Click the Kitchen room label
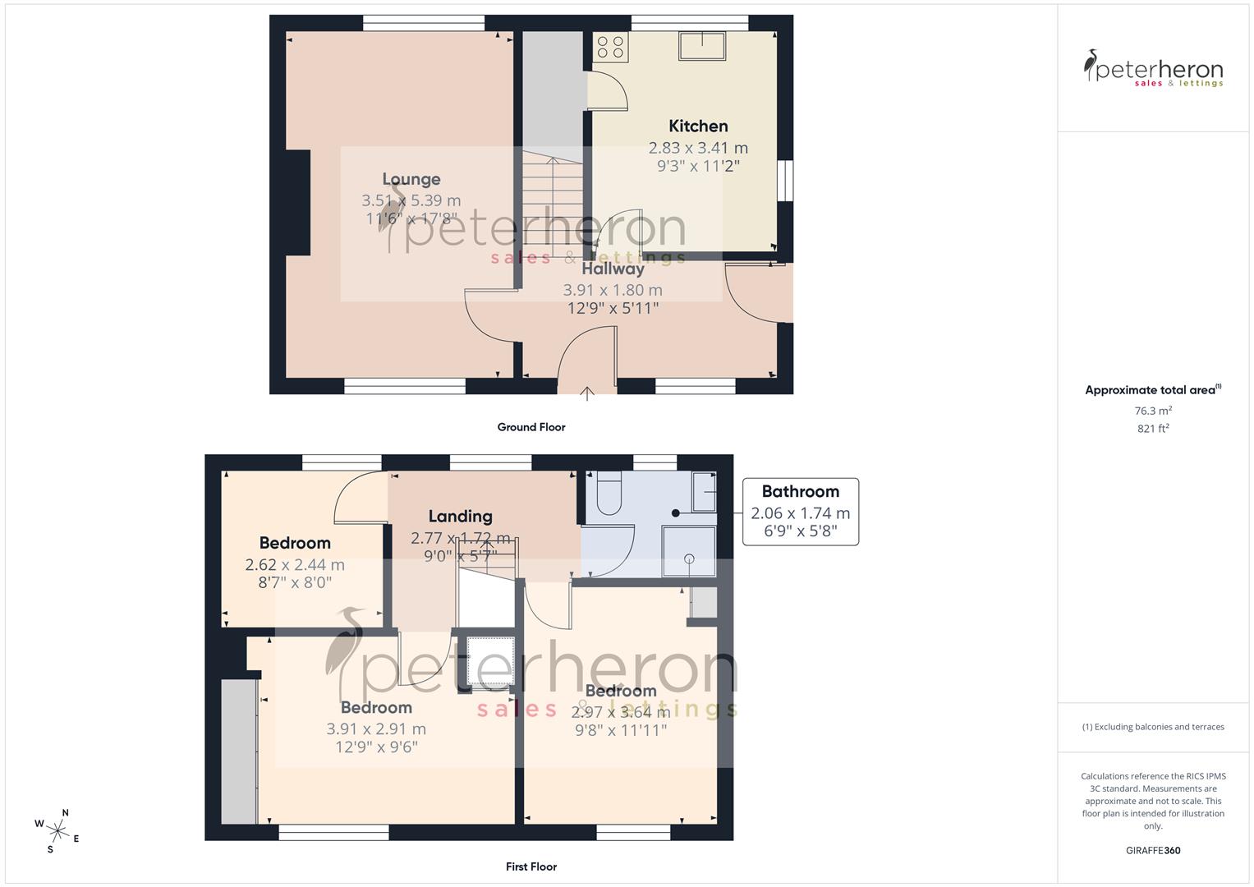pyautogui.click(x=698, y=126)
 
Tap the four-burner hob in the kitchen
pyautogui.click(x=610, y=46)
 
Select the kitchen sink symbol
pyautogui.click(x=701, y=46)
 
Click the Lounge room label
pyautogui.click(x=411, y=179)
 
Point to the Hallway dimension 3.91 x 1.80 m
pyautogui.click(x=613, y=290)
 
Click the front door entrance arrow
pyautogui.click(x=586, y=393)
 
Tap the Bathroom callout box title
pyautogui.click(x=800, y=491)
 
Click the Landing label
pyautogui.click(x=460, y=516)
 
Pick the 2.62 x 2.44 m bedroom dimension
pyautogui.click(x=295, y=565)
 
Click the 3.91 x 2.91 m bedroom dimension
pyautogui.click(x=376, y=728)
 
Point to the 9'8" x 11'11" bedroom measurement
pyautogui.click(x=620, y=729)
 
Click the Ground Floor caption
pyautogui.click(x=531, y=427)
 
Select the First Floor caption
pyautogui.click(x=531, y=866)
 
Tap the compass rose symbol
pyautogui.click(x=57, y=830)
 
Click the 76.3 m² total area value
pyautogui.click(x=1153, y=411)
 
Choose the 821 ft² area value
pyautogui.click(x=1153, y=429)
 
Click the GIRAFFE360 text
pyautogui.click(x=1153, y=851)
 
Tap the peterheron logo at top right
pyautogui.click(x=1153, y=69)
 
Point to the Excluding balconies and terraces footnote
pyautogui.click(x=1153, y=727)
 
